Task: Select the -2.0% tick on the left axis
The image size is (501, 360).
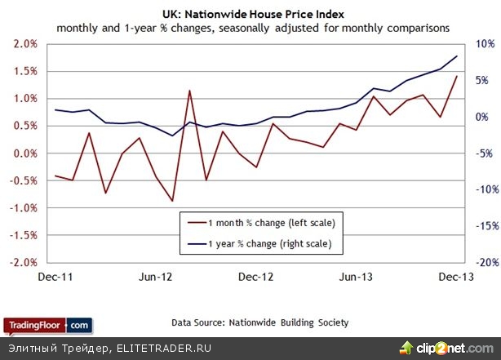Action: point(24,263)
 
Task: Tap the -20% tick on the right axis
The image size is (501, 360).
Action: point(477,263)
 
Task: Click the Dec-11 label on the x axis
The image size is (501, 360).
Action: point(56,278)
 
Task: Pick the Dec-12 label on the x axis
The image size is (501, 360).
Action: point(255,278)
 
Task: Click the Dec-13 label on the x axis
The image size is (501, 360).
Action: point(455,278)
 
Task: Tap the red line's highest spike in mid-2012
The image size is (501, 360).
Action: point(189,91)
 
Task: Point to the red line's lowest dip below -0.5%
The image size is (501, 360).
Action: point(172,201)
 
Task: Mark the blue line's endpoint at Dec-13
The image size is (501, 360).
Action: point(456,56)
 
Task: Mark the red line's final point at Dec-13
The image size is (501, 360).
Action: point(456,76)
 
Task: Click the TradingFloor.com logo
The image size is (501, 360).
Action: point(47,324)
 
